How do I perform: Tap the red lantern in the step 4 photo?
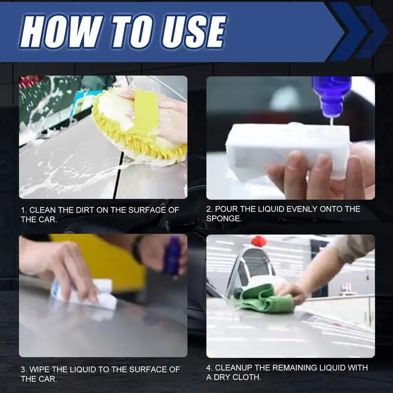click(x=259, y=241)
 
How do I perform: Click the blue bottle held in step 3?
click(x=172, y=255)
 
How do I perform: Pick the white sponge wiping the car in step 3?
click(x=84, y=294)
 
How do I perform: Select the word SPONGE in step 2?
click(x=224, y=219)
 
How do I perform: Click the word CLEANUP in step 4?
click(x=234, y=367)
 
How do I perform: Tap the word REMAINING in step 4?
click(x=294, y=367)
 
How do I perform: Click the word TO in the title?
click(x=132, y=31)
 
